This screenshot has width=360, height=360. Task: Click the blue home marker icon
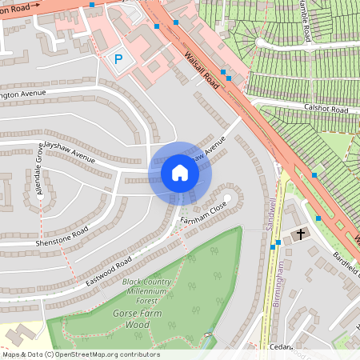point(180,173)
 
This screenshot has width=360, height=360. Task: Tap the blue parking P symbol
point(119,59)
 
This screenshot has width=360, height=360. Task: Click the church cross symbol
point(301,234)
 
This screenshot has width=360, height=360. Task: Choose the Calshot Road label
point(326,109)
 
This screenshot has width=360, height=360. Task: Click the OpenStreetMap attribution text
point(80,354)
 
